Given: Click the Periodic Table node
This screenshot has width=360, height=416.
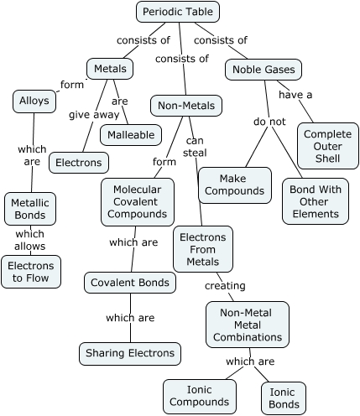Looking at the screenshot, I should [x=178, y=12].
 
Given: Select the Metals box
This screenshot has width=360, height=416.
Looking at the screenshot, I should [x=110, y=69].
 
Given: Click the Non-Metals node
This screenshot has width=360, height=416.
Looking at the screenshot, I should [x=186, y=106].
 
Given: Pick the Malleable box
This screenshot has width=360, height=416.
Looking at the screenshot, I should [x=130, y=134].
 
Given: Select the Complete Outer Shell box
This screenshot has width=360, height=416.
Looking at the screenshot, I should [x=327, y=146].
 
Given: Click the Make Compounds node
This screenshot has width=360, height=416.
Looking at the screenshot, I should [x=235, y=185].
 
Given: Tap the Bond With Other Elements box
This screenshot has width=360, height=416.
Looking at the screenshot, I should [x=315, y=200].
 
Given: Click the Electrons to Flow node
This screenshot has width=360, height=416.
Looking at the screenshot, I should [x=31, y=272].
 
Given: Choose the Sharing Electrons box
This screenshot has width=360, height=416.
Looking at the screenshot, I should [x=130, y=353].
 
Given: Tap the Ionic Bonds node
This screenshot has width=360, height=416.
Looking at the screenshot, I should [x=283, y=398].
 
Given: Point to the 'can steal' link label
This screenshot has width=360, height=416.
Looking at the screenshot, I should [x=195, y=146].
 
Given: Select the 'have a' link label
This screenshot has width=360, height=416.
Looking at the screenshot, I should [x=295, y=95].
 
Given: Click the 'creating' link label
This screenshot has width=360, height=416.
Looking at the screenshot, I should [x=225, y=285].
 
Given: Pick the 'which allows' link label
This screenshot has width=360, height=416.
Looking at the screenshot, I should [x=30, y=240].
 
